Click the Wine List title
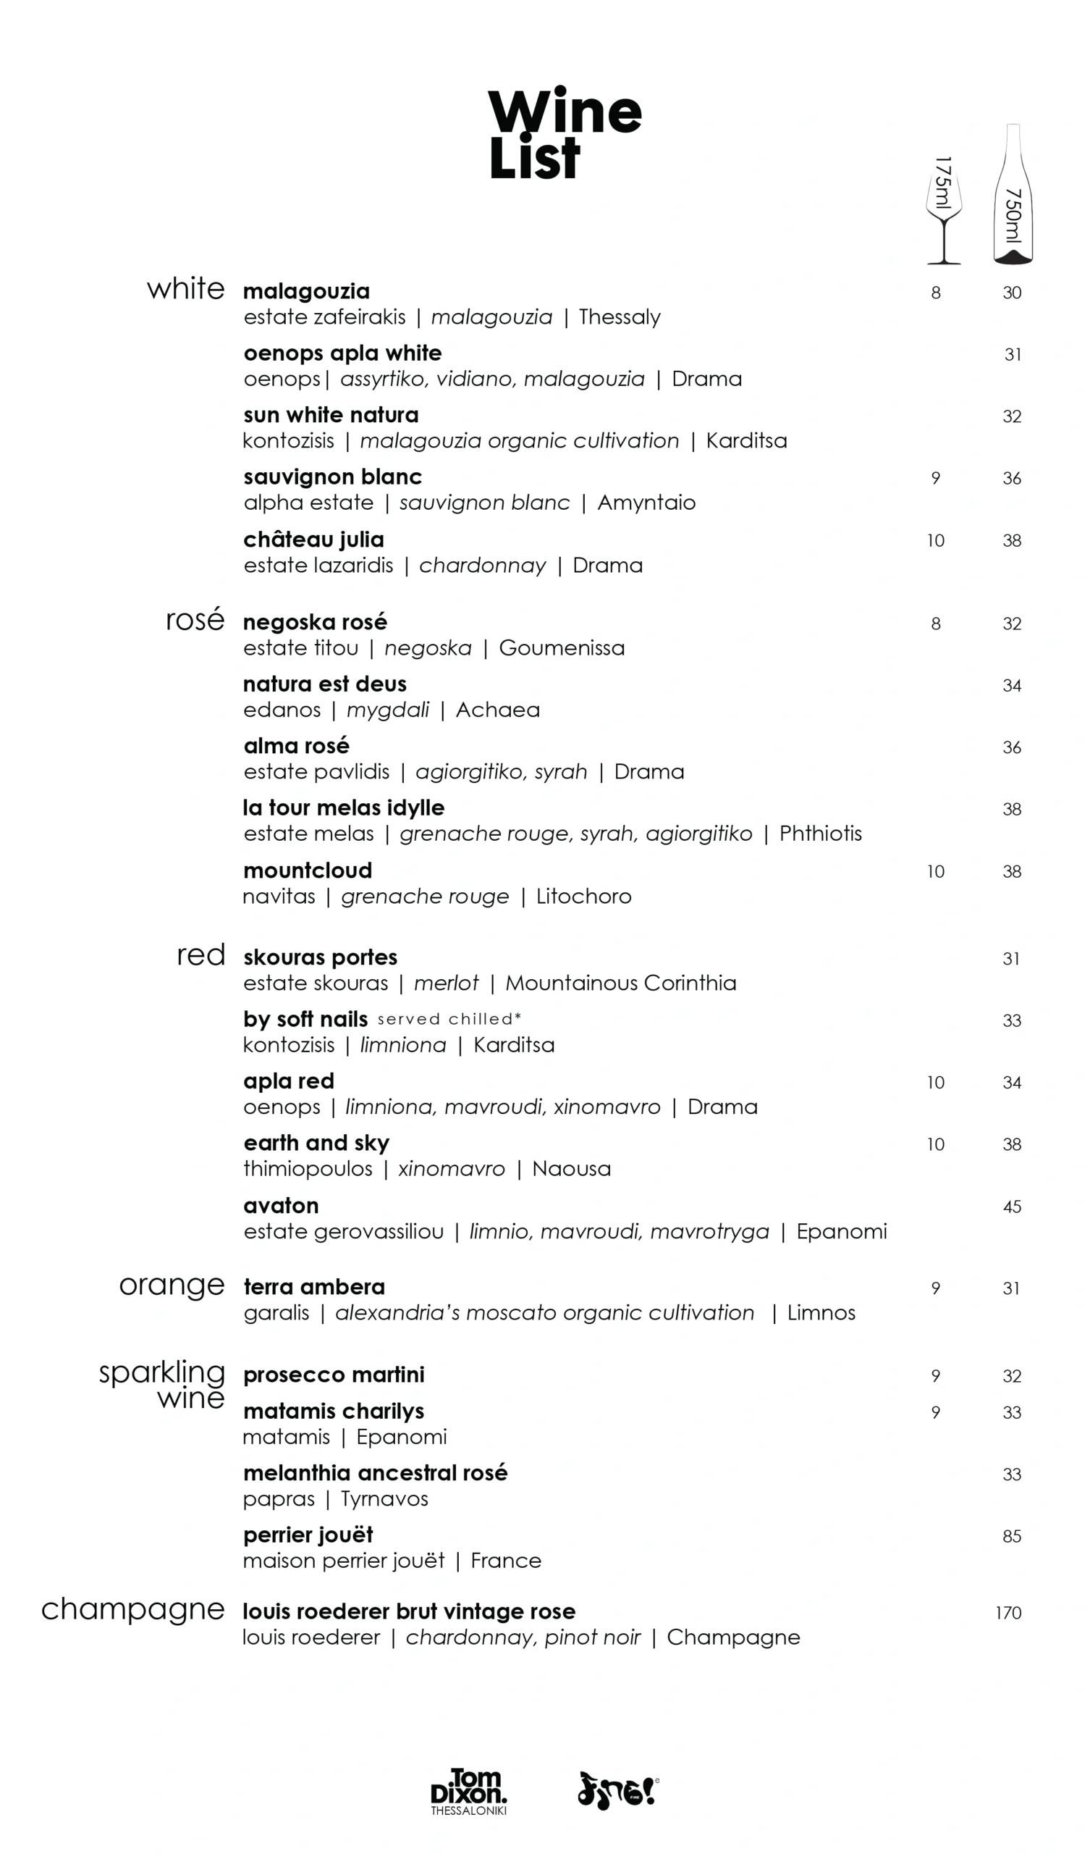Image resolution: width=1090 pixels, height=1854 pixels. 564,134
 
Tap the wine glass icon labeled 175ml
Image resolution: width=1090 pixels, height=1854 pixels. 943,210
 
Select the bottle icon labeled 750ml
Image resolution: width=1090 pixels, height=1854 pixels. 1013,195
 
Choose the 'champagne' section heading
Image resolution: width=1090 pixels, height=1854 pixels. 132,1610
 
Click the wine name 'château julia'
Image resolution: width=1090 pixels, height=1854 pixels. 313,540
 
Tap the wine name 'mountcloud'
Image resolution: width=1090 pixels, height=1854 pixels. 308,871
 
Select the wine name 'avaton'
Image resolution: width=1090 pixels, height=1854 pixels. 281,1206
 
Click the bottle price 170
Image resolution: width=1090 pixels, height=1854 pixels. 1008,1614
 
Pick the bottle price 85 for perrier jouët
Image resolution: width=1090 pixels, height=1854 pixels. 1011,1537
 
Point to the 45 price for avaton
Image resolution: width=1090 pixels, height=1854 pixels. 1011,1207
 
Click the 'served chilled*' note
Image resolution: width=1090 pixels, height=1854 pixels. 449,1020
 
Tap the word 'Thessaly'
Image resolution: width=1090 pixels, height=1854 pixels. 620,317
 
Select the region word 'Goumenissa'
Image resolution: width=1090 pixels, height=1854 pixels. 561,648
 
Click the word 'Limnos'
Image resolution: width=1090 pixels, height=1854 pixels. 821,1313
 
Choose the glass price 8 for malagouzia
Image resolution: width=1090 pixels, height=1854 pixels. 936,293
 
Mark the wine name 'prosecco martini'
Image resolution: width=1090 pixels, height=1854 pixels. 334,1375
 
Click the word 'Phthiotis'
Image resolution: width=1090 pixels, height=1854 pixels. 820,834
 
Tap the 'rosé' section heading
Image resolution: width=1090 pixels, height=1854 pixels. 195,620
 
